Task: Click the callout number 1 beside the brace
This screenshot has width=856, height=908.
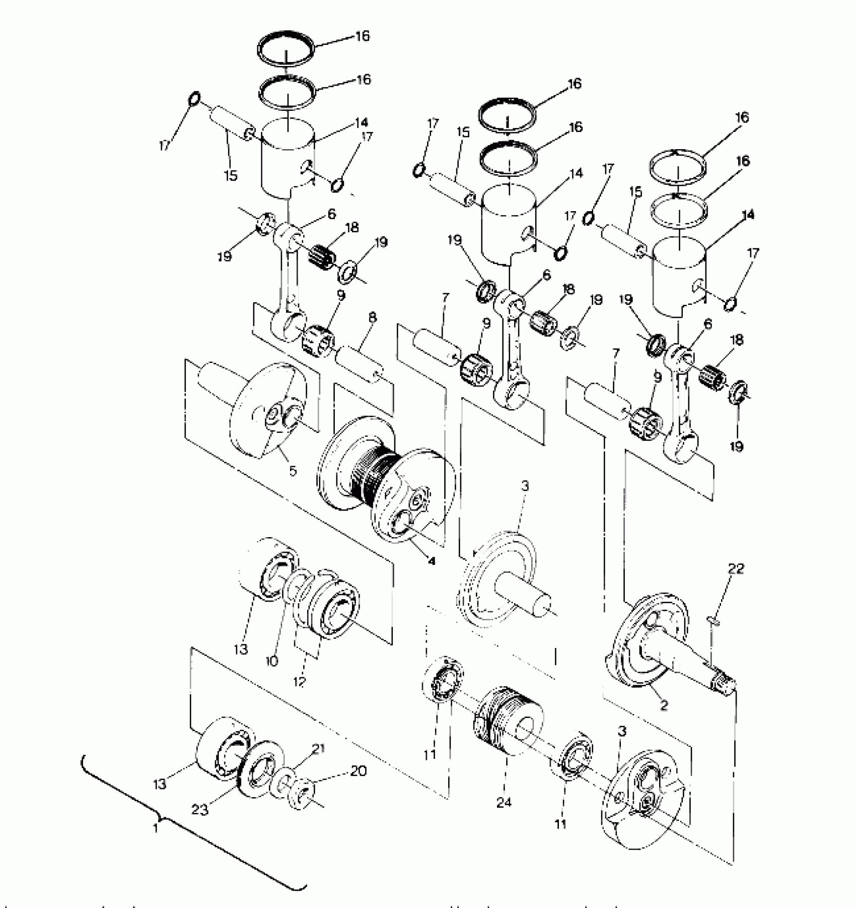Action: [156, 827]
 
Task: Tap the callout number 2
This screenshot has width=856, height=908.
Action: [664, 705]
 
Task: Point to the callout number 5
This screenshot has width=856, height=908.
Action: [293, 471]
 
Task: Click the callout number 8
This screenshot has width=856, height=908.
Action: [372, 318]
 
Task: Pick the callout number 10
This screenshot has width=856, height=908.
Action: [272, 661]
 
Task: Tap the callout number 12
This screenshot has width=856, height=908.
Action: [300, 681]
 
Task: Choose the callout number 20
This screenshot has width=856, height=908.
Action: [359, 770]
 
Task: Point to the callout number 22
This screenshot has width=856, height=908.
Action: [736, 568]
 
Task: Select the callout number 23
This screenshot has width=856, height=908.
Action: [200, 809]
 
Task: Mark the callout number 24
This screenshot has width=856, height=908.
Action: [504, 802]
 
